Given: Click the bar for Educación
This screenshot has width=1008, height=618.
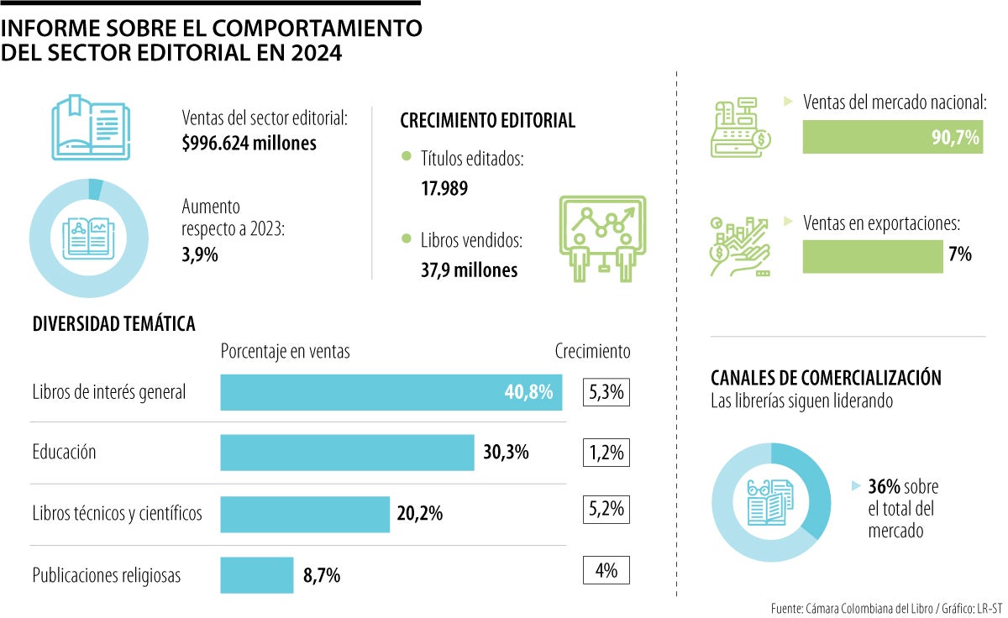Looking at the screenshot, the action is click(x=347, y=453).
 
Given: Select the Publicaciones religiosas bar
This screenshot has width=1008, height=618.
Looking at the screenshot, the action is click(x=257, y=575).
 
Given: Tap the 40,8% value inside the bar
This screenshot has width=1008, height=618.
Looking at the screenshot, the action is click(x=528, y=392).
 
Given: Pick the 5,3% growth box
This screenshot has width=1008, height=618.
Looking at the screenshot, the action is click(x=606, y=392).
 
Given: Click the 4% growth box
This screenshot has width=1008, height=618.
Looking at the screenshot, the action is click(x=606, y=571).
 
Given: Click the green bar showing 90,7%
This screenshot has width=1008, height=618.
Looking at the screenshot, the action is click(x=892, y=138).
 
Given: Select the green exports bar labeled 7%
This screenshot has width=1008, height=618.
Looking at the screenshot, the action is click(x=873, y=256).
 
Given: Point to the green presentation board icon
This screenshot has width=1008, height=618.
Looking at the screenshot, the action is click(x=601, y=237).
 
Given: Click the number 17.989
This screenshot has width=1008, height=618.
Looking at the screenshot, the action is click(x=444, y=188).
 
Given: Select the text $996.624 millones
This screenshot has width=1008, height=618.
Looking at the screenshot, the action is click(x=249, y=144).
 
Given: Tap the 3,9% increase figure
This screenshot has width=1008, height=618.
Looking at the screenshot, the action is click(x=200, y=255).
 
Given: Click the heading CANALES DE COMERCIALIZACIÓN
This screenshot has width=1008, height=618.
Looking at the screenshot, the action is click(x=826, y=378).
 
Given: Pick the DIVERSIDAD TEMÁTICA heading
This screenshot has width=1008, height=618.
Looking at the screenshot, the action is click(x=113, y=323).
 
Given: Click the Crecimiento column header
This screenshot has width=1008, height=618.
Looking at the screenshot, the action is click(x=592, y=351).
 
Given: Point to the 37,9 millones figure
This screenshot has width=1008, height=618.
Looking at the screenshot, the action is click(x=469, y=270).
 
